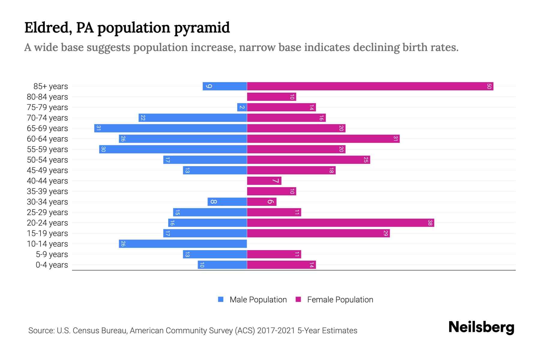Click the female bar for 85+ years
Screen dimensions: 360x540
tap(370, 86)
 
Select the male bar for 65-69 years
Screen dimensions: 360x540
tap(170, 128)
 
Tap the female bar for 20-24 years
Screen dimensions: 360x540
tap(340, 223)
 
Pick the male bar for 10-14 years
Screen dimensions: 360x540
tap(183, 244)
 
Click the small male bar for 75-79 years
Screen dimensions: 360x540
tap(242, 107)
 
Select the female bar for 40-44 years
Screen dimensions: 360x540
tap(264, 181)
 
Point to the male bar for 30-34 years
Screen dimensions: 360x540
tap(227, 202)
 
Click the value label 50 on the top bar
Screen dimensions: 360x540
tap(489, 86)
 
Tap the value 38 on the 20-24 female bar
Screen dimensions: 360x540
tap(430, 223)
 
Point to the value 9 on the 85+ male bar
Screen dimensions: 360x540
tap(209, 86)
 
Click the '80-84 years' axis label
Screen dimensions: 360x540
tap(47, 97)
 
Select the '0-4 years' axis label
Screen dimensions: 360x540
tap(52, 265)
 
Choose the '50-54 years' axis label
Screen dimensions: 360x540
tap(47, 160)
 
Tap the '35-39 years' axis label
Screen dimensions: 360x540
tap(47, 191)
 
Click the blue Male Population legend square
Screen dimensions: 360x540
tap(221, 299)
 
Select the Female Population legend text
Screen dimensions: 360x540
tap(340, 299)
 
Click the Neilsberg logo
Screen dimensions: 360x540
tap(481, 327)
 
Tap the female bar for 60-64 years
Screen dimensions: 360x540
tap(323, 139)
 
